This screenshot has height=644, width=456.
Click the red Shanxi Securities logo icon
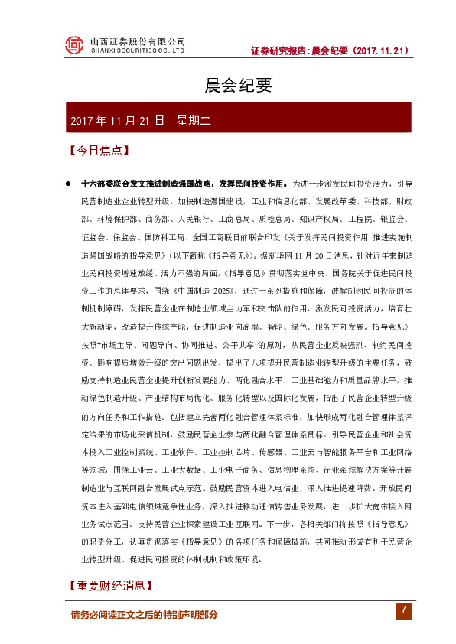coord(73,45)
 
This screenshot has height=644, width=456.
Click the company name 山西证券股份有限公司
coord(138,41)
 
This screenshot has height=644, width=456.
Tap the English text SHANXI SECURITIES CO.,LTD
coord(138,51)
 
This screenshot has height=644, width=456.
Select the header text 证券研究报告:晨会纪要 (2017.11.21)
coord(331,51)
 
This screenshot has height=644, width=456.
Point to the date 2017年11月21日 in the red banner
coord(117,121)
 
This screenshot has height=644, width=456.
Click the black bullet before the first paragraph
coord(68,184)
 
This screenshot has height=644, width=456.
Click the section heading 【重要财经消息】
coord(109,587)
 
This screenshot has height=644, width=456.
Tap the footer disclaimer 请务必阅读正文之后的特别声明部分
coord(144,614)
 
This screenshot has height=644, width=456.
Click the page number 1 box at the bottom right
coord(402,610)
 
